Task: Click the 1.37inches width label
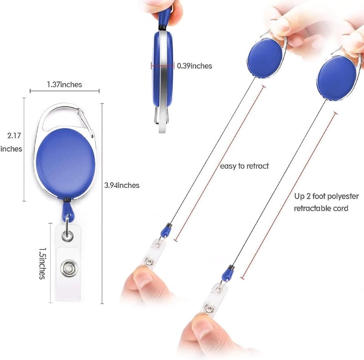pyautogui.click(x=65, y=84)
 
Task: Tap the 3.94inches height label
pyautogui.click(x=122, y=185)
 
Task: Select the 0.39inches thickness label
pyautogui.click(x=195, y=66)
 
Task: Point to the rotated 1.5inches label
pyautogui.click(x=42, y=264)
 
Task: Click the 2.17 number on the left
pyautogui.click(x=14, y=136)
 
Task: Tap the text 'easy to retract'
pyautogui.click(x=244, y=166)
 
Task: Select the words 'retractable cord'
pyautogui.click(x=321, y=208)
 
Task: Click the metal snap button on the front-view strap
pyautogui.click(x=69, y=269)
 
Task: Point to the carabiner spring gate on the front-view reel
pyautogui.click(x=86, y=123)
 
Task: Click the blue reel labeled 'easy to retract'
pyautogui.click(x=265, y=57)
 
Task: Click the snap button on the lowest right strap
pyautogui.click(x=209, y=309)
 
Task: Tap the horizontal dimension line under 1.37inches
pyautogui.click(x=65, y=91)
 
